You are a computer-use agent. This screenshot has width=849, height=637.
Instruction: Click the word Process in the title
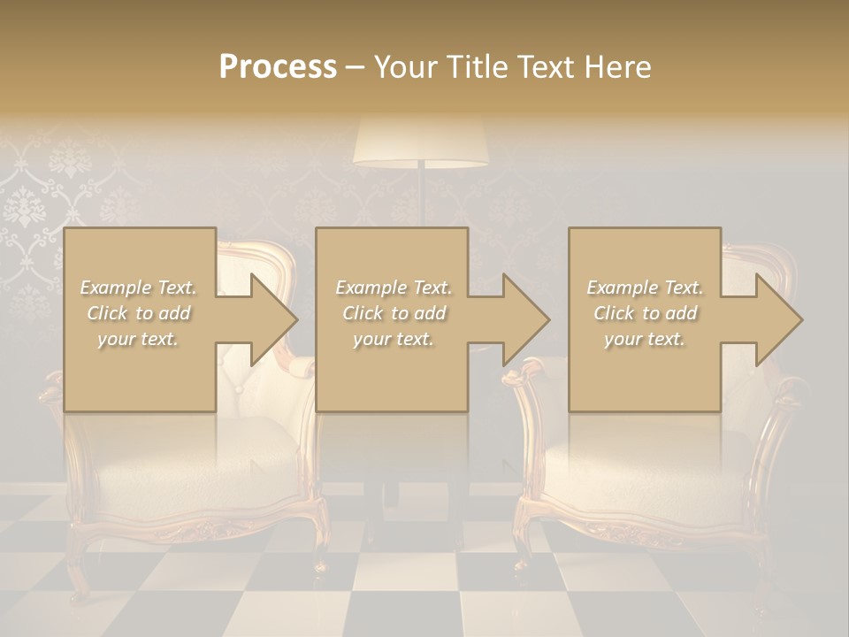tap(278, 66)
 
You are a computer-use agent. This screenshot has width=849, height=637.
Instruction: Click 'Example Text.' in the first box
tap(138, 288)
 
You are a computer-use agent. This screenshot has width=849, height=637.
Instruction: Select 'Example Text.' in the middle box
tap(393, 288)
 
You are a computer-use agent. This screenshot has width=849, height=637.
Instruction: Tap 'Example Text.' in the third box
tap(645, 288)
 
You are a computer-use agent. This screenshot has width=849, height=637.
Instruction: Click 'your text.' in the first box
tap(138, 339)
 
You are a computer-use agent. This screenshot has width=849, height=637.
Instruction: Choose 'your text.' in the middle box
tap(393, 339)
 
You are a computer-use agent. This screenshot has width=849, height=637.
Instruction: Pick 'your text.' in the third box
tap(645, 339)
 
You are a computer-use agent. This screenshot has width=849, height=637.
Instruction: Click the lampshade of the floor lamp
tap(421, 142)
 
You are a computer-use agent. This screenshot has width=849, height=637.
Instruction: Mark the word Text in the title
tap(545, 66)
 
